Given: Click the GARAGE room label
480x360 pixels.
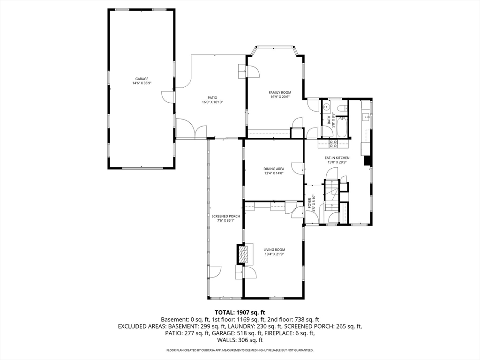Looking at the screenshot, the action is tap(142, 79).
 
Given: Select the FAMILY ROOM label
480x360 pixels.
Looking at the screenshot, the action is tap(280, 93).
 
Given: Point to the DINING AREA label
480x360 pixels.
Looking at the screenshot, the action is tap(274, 169).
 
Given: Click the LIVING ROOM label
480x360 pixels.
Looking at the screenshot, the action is tap(275, 250).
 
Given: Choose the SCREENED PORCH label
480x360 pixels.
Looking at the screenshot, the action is tap(225, 217).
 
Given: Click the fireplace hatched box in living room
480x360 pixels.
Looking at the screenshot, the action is tap(244, 254).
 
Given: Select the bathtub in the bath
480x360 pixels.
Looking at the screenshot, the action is tap(342, 128).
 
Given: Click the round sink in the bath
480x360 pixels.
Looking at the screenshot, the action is tap(327, 107).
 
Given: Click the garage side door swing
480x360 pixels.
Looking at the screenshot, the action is tap(168, 97).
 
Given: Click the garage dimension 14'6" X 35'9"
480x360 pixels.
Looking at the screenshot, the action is tap(142, 83).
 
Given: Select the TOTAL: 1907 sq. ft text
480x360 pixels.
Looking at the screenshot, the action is tap(240, 313).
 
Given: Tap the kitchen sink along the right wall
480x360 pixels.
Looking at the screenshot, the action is tap(366, 117).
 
